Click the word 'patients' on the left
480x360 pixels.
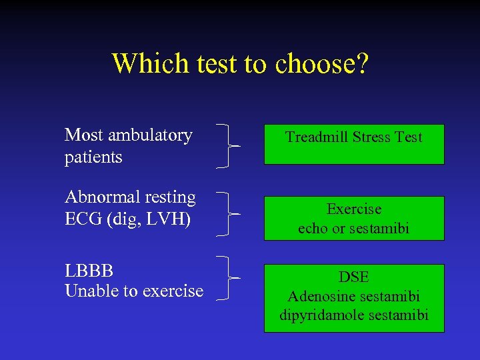pos(93,157)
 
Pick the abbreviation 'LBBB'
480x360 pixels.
pos(89,271)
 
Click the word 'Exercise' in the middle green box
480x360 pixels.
pos(354,209)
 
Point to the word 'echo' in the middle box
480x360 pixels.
pos(313,229)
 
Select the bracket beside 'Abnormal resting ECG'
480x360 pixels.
pos(229,214)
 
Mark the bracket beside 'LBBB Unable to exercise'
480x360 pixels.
pos(229,277)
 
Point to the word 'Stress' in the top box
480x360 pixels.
pos(372,137)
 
